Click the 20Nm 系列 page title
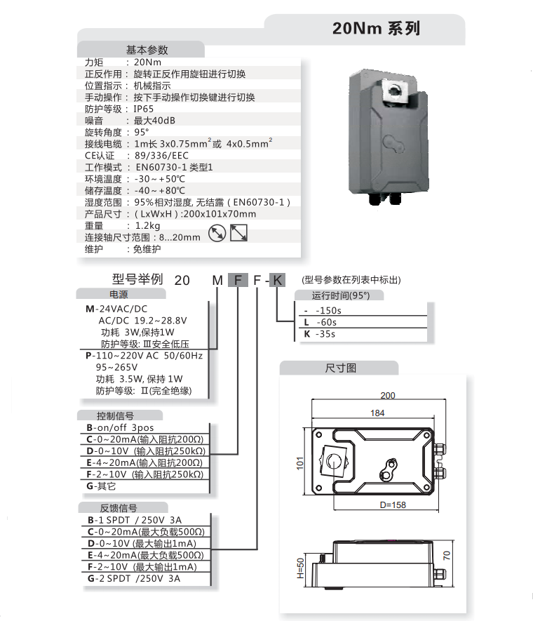(x=376, y=29)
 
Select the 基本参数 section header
(x=147, y=50)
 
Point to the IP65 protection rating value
(x=143, y=109)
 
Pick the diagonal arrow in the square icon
(x=239, y=232)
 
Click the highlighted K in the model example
(x=278, y=280)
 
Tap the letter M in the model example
(x=217, y=280)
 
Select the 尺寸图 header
(x=341, y=368)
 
